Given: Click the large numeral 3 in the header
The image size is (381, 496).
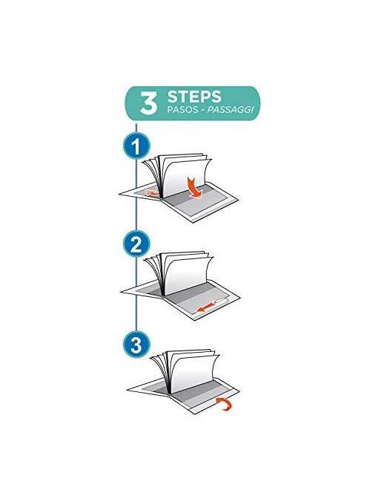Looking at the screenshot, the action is [x=148, y=103].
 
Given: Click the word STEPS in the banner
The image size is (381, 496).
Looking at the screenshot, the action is [x=194, y=97].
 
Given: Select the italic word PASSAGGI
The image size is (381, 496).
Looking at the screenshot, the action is [x=231, y=110].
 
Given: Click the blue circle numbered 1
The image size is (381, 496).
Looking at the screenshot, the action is [x=136, y=146].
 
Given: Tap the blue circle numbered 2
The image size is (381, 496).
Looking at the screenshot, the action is [x=136, y=244].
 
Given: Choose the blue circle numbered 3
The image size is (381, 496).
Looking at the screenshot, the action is [x=136, y=345].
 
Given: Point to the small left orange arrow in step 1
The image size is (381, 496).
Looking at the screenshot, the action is [x=152, y=193].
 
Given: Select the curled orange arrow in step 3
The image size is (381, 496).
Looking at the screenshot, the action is [x=225, y=404].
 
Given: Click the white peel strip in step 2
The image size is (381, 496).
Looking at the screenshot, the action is [x=221, y=301].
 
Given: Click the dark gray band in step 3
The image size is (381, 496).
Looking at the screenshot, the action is [x=196, y=393].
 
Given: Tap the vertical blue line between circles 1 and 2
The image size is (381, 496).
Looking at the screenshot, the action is [x=136, y=195].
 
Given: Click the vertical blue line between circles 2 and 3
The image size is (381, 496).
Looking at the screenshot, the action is [x=136, y=294].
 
